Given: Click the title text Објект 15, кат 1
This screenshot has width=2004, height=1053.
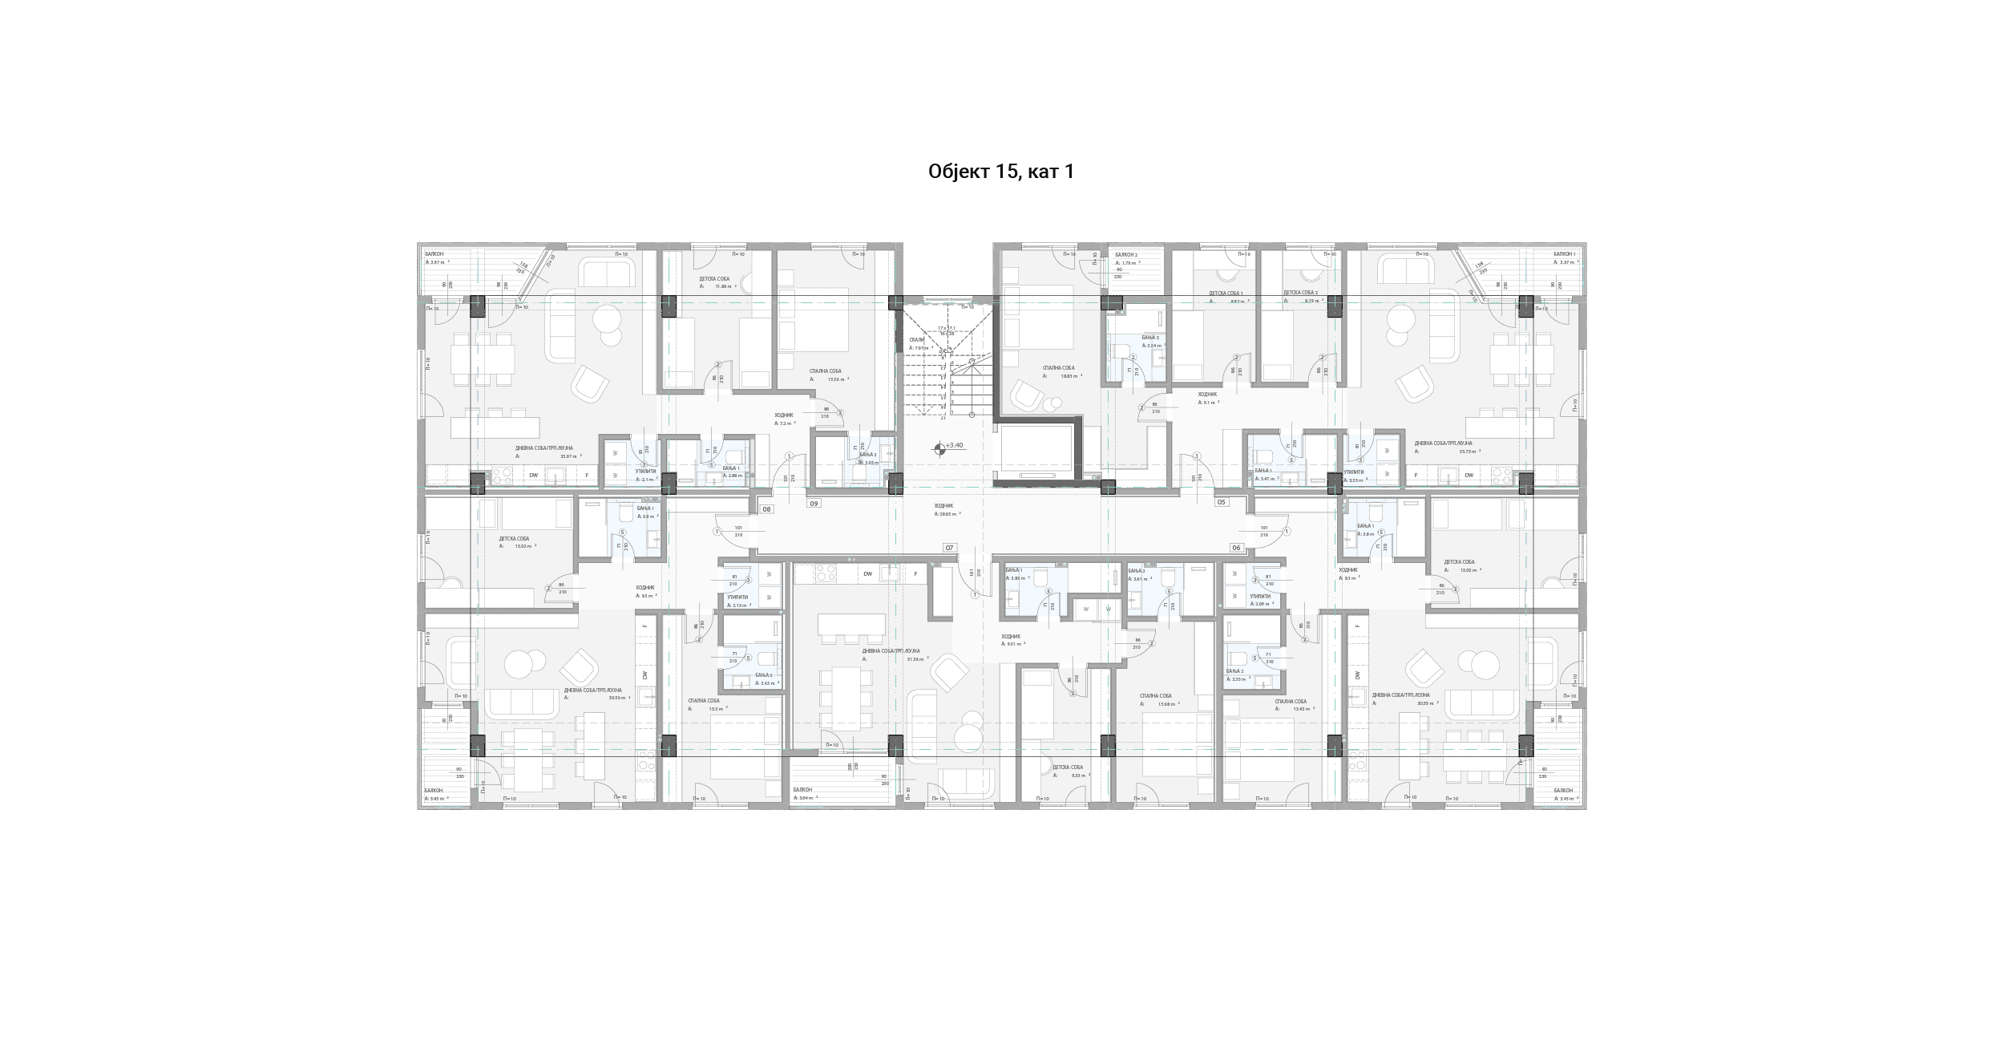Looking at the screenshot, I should (1000, 172).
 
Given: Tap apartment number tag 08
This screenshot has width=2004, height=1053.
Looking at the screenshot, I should (766, 509).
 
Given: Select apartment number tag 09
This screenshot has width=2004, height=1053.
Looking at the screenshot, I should (814, 504).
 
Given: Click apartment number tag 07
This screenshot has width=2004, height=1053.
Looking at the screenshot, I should (949, 548).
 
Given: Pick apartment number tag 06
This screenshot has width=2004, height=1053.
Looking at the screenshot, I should (1236, 548).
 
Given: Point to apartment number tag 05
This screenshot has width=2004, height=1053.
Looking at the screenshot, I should (1221, 502).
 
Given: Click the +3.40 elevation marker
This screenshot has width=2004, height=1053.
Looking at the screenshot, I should (954, 445).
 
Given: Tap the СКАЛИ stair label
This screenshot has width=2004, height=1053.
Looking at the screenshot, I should (916, 339).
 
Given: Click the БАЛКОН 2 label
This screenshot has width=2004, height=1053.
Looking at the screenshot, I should (1126, 254).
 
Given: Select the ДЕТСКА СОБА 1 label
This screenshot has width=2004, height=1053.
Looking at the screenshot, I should (1226, 294).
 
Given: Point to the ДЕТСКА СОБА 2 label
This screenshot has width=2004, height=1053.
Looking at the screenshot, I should (1300, 293).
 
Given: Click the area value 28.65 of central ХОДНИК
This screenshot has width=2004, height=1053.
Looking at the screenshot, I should (946, 514).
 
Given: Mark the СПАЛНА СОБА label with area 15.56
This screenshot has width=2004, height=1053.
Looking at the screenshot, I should (825, 371).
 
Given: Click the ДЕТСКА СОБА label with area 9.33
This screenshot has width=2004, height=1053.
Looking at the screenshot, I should (1067, 767).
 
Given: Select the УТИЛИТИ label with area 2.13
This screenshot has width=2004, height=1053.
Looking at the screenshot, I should (737, 597).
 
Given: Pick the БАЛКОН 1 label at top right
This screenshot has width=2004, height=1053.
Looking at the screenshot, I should (1564, 253).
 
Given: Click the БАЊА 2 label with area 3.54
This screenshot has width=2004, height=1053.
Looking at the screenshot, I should (1150, 338).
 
